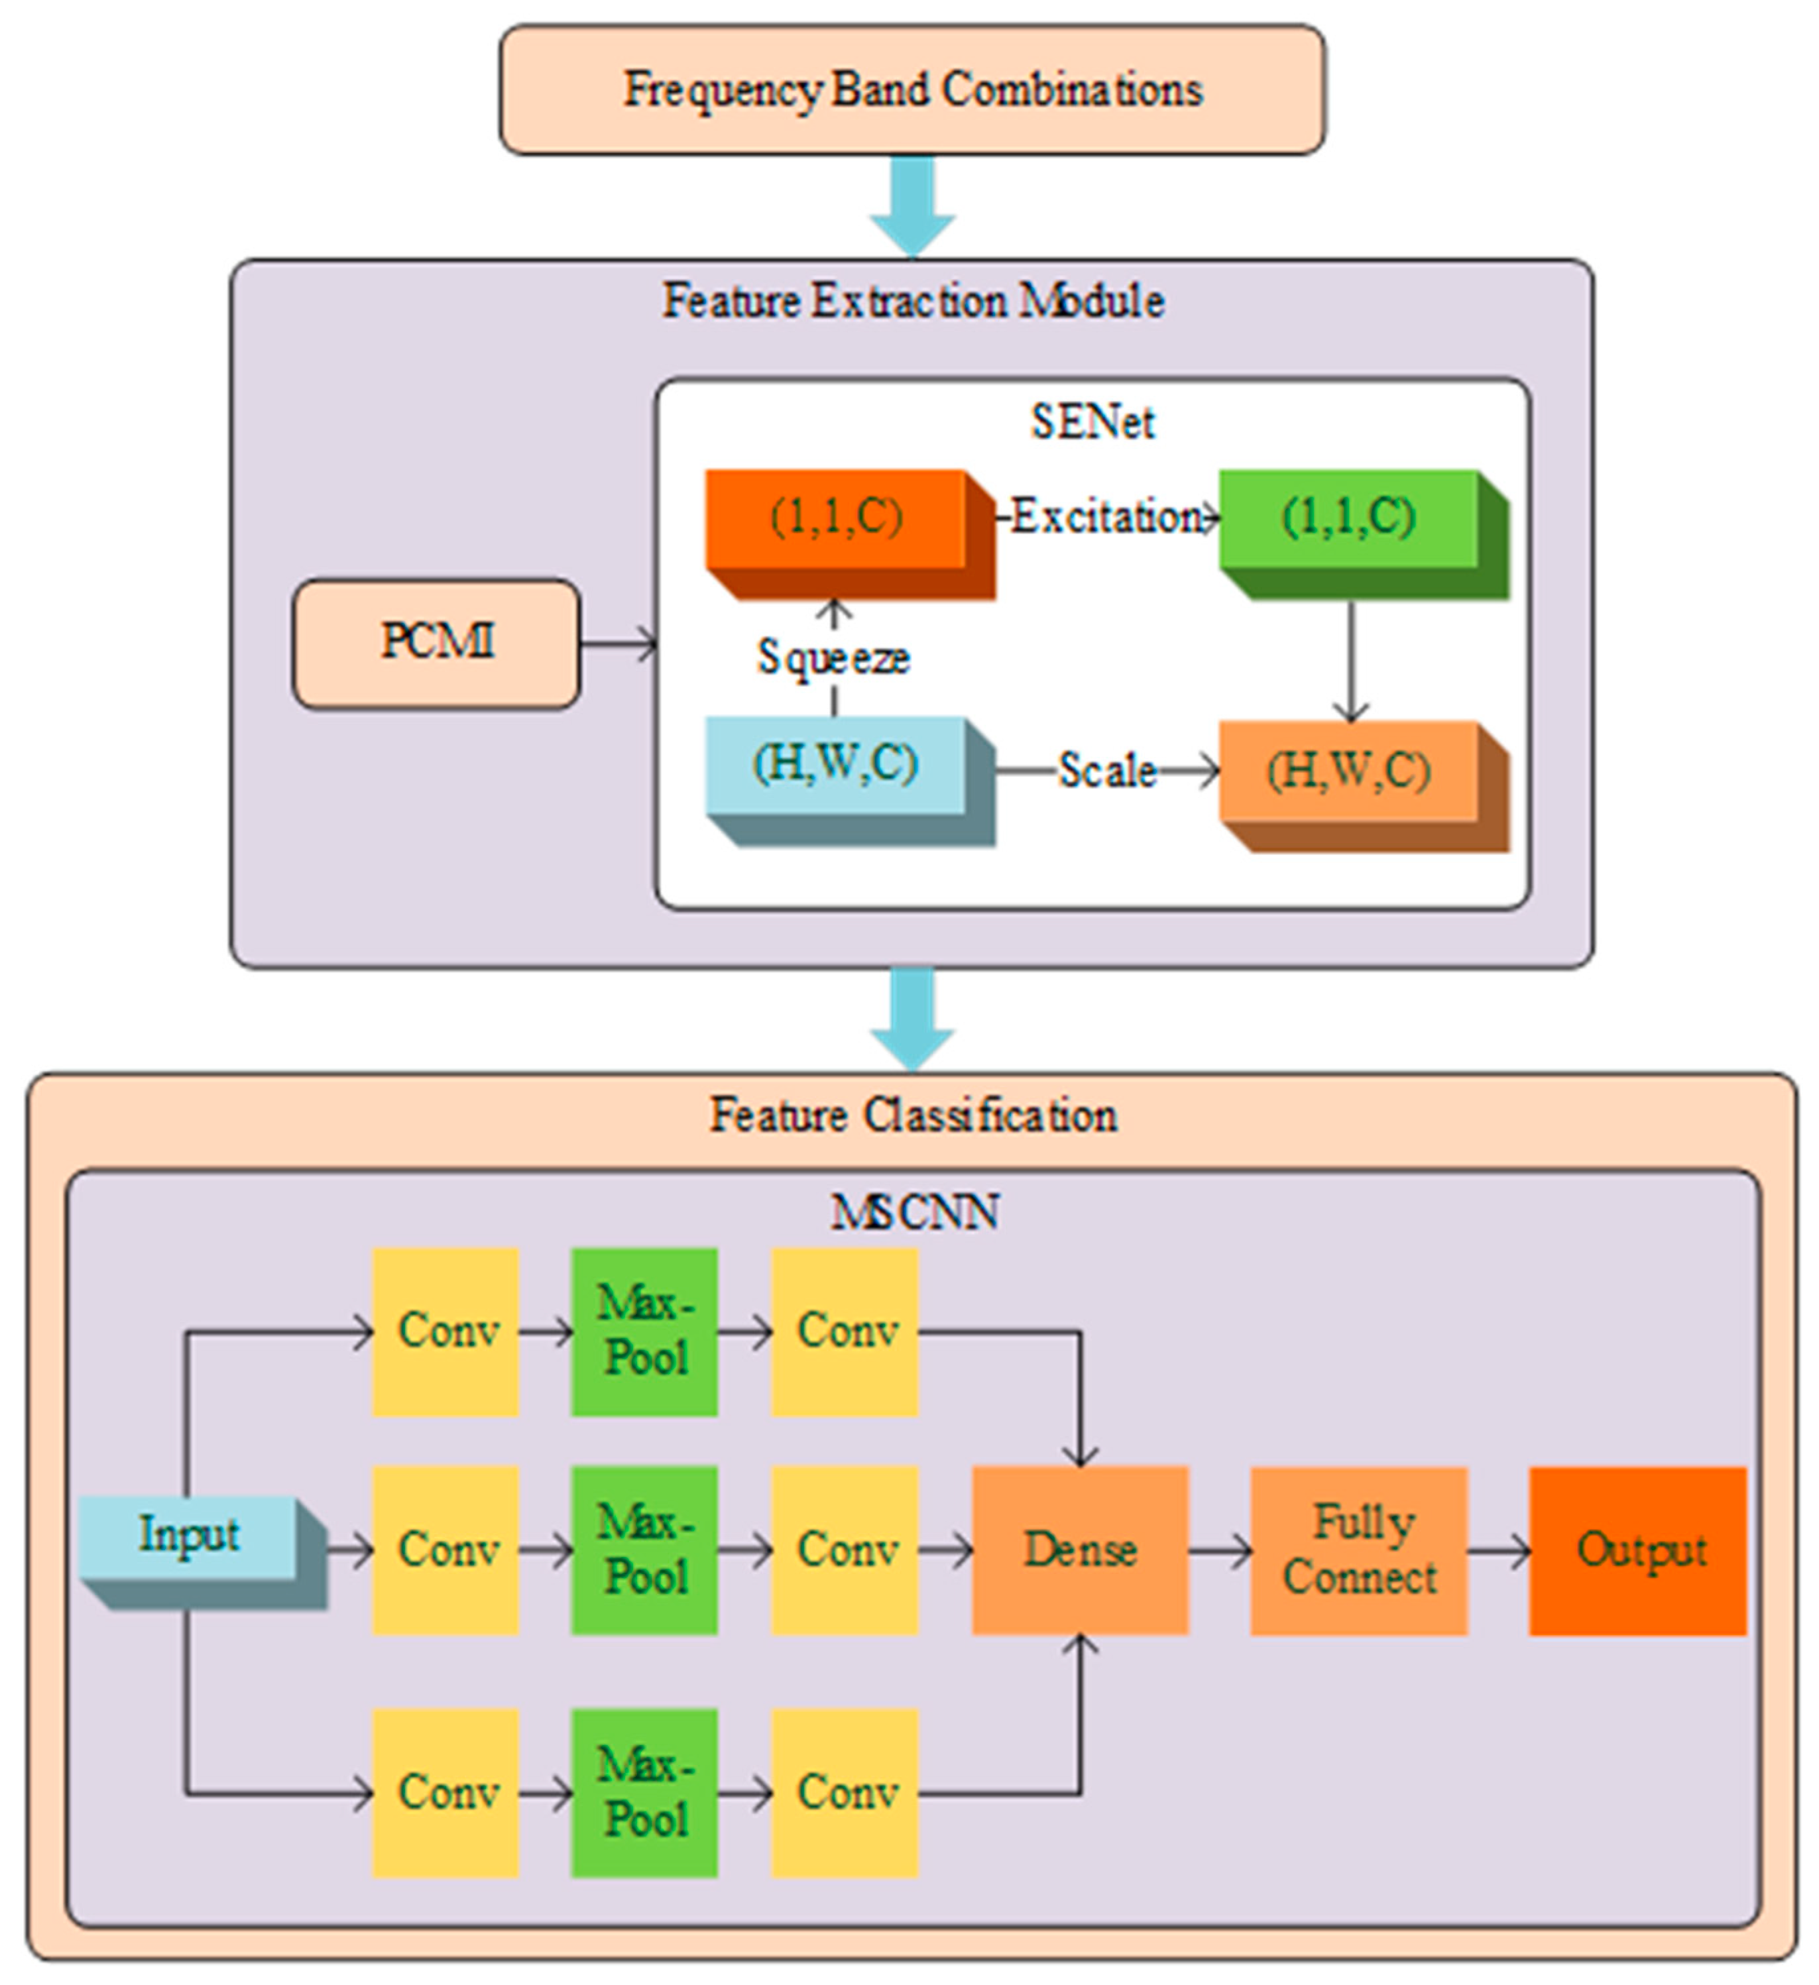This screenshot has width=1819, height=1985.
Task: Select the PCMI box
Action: (436, 643)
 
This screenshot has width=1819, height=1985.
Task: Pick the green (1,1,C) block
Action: (1349, 519)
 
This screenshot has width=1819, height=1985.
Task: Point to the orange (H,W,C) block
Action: (1349, 771)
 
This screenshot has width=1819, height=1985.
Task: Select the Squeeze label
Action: (833, 657)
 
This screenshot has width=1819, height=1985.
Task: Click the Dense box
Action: (1081, 1550)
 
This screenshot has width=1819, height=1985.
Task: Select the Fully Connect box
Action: (1359, 1550)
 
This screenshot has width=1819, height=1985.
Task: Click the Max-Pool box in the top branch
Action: (644, 1332)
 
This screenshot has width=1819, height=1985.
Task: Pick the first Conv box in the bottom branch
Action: (445, 1792)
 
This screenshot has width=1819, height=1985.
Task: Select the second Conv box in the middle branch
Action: (845, 1550)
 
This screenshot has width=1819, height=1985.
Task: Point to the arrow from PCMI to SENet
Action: (618, 645)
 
